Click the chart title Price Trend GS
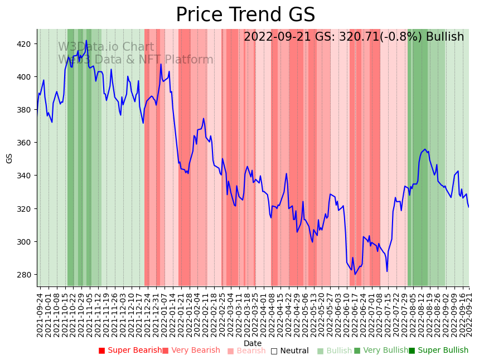(x=245, y=15)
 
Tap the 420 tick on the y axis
(x=26, y=44)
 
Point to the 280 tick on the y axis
(x=26, y=275)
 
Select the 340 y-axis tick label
(x=26, y=176)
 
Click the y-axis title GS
(x=9, y=158)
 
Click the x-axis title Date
(x=253, y=343)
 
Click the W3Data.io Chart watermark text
(x=106, y=47)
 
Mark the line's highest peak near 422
(x=86, y=41)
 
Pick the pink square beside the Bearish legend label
(x=231, y=351)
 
